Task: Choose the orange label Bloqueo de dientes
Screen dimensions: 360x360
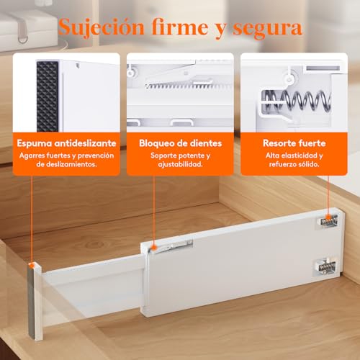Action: click(x=181, y=143)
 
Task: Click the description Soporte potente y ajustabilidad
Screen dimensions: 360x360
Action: click(x=181, y=159)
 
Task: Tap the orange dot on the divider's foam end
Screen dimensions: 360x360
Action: click(x=32, y=266)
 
